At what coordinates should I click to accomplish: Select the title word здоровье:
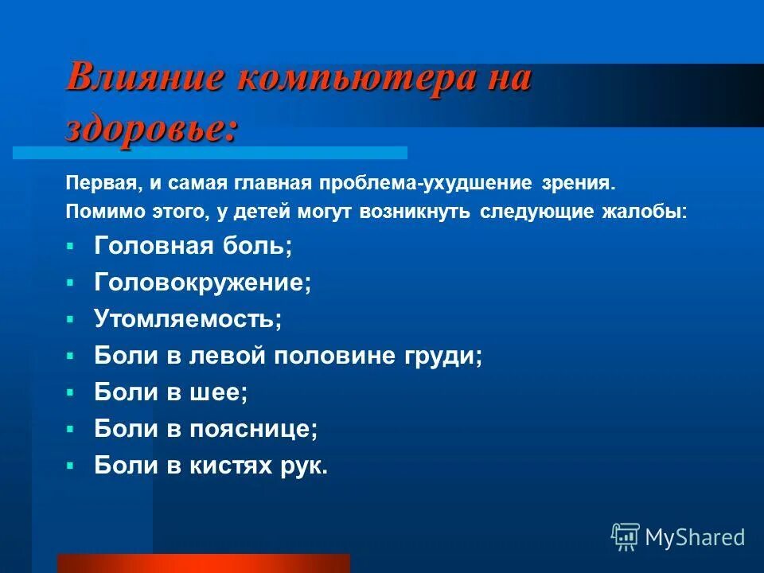pos(151,127)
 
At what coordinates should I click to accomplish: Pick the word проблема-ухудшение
pos(425,184)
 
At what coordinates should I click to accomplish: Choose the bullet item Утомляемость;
pos(189,320)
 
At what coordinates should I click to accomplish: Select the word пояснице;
pos(254,430)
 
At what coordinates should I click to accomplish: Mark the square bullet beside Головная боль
pos(71,246)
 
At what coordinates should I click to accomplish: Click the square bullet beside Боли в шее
pos(71,392)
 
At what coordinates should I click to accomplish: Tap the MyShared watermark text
pos(696,537)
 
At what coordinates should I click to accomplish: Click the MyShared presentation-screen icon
pos(626,536)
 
